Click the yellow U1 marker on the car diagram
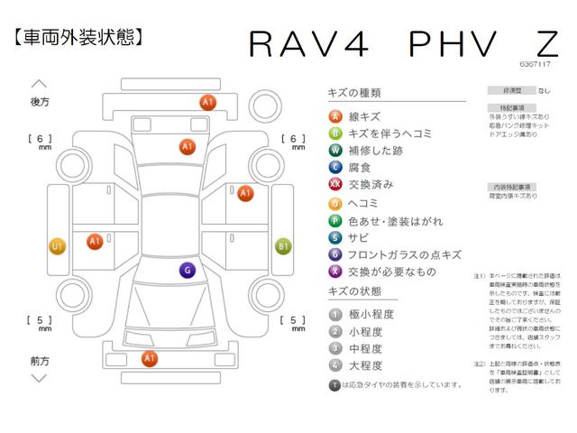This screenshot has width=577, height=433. (x=57, y=245)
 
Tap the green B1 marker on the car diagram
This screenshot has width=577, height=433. (x=282, y=245)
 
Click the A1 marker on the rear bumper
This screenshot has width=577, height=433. (x=207, y=103)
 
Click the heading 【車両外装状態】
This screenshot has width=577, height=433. (x=79, y=39)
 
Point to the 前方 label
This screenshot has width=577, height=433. (x=41, y=360)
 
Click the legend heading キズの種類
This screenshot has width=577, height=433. (x=353, y=93)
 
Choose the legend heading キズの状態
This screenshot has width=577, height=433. (x=353, y=291)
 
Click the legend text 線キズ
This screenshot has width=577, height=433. (x=364, y=116)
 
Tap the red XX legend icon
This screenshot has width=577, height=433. (x=335, y=184)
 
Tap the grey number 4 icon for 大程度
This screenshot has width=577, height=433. (x=334, y=365)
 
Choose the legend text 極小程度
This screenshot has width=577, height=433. (x=370, y=314)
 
